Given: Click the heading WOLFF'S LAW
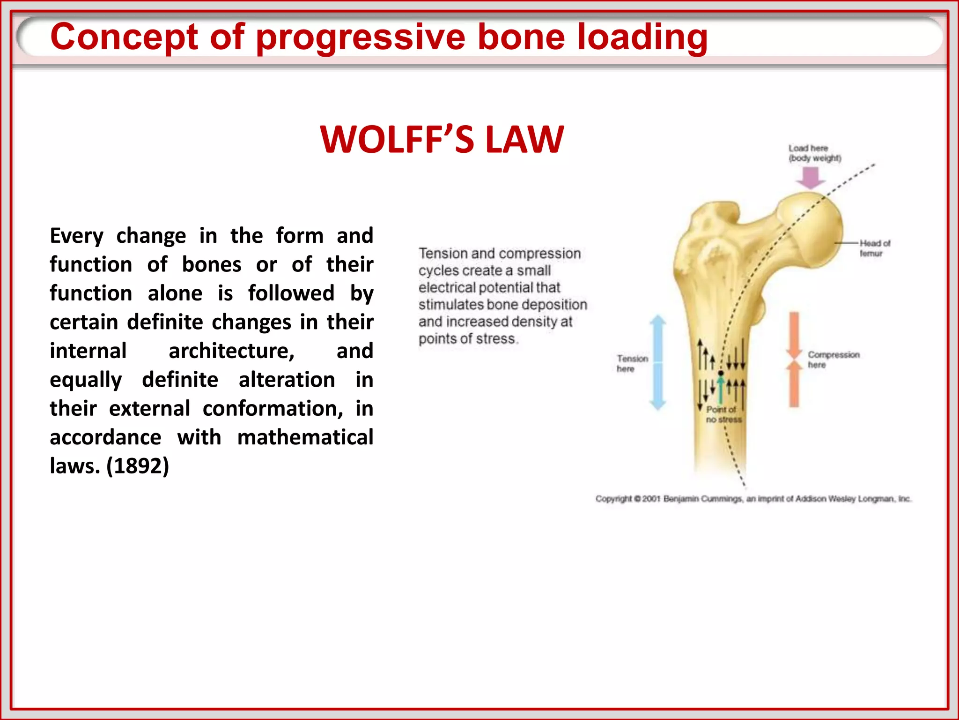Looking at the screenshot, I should [442, 140].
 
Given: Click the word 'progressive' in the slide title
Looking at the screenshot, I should [361, 37].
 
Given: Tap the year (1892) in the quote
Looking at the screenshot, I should [138, 465].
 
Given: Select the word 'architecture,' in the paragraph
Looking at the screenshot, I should [231, 351].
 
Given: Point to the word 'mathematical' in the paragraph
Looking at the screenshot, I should [305, 437].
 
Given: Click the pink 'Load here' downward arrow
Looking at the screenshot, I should [811, 178].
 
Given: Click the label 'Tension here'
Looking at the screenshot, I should [632, 363].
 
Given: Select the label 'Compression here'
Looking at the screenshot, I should [833, 360].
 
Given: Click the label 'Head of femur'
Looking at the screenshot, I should [874, 248].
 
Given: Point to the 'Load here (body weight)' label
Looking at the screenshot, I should [814, 153].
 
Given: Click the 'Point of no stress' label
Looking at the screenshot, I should [723, 414].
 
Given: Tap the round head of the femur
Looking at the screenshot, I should [812, 230].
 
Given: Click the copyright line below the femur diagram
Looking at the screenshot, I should [753, 499].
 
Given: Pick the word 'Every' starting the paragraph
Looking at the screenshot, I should [76, 236].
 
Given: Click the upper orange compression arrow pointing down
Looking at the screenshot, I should [794, 335].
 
